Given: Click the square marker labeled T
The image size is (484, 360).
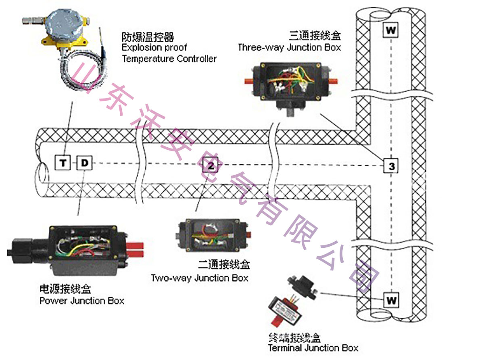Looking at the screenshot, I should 63,163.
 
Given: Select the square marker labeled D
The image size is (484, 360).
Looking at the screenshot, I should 84,163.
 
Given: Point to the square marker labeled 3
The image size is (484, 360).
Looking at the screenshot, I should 391,165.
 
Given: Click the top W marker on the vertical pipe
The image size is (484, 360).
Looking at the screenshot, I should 390,30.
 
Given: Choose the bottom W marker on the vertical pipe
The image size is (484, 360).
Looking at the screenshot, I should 391,300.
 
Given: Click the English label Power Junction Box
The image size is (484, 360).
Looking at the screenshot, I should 82,301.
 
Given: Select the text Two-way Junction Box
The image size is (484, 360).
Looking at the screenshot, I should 200,278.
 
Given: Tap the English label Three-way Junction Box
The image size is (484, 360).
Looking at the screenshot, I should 289,47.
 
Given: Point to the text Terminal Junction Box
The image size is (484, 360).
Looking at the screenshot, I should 313,348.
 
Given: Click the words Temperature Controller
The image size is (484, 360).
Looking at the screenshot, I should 169,59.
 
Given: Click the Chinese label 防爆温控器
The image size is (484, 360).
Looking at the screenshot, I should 148,38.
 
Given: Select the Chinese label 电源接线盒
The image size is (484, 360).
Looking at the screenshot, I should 65,289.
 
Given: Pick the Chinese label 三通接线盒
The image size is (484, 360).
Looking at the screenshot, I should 315,36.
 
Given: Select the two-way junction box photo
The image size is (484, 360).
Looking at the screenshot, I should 212,236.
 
